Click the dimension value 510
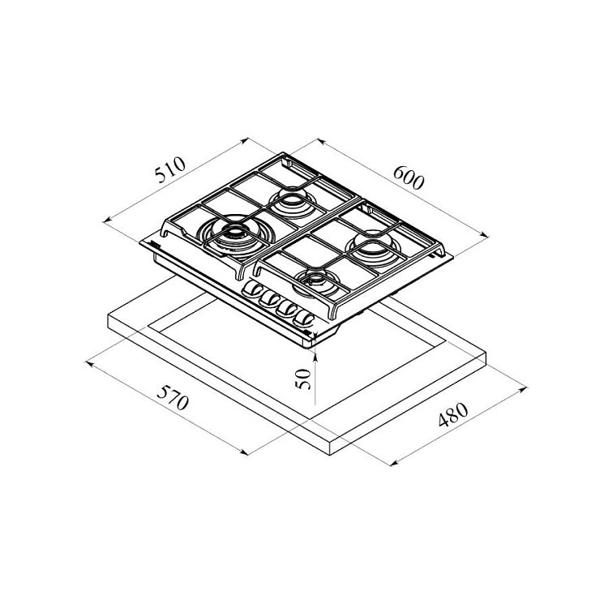coord(170,169)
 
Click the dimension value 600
coord(409,178)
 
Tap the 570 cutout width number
coord(173,397)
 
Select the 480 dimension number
coord(453,414)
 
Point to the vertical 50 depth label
coord(303,379)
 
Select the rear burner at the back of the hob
coord(293,203)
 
